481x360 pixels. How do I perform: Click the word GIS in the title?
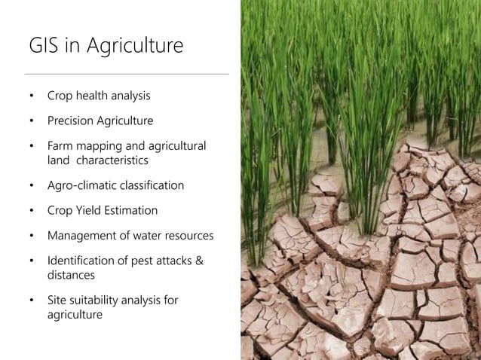(44, 46)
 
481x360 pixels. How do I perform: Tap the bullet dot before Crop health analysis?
(32, 96)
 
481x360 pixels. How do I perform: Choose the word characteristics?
(112, 160)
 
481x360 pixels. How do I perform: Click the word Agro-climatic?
(83, 185)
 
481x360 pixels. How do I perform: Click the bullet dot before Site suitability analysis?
(32, 301)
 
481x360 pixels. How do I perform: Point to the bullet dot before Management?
(32, 236)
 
